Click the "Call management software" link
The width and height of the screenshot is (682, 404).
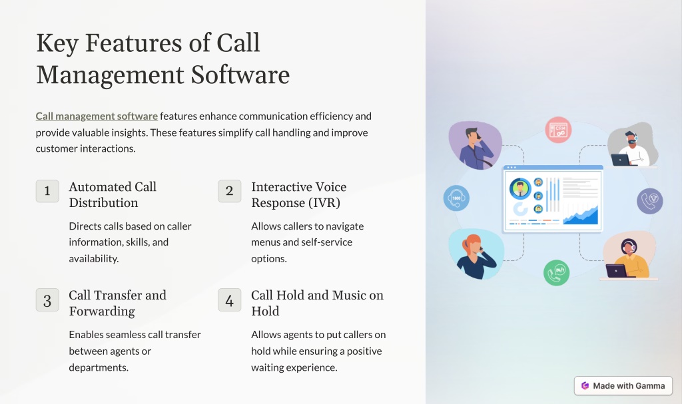pyautogui.click(x=97, y=116)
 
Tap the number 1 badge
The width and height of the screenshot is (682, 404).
pyautogui.click(x=47, y=191)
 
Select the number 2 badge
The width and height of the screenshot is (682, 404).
pyautogui.click(x=230, y=191)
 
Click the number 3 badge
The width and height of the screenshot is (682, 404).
pyautogui.click(x=47, y=300)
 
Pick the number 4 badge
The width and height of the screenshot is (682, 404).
pyautogui.click(x=230, y=300)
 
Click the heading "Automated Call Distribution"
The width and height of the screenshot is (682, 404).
pyautogui.click(x=113, y=195)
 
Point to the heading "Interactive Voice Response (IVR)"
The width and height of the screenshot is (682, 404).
pyautogui.click(x=299, y=195)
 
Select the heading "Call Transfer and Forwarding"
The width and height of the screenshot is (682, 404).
pyautogui.click(x=117, y=303)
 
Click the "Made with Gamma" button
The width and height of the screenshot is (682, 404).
pyautogui.click(x=623, y=386)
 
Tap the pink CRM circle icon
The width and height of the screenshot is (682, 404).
pyautogui.click(x=558, y=130)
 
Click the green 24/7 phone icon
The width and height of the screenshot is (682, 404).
pyautogui.click(x=556, y=273)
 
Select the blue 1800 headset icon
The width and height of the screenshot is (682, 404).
pyautogui.click(x=456, y=198)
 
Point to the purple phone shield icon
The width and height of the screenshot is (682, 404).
pyautogui.click(x=650, y=201)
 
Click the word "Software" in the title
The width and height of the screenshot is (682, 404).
pyautogui.click(x=240, y=75)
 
